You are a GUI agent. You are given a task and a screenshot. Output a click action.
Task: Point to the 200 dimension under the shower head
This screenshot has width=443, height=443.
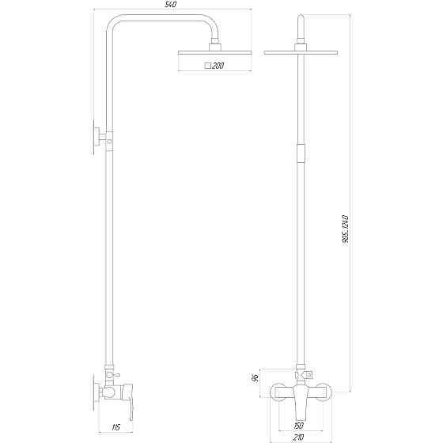[x=216, y=66]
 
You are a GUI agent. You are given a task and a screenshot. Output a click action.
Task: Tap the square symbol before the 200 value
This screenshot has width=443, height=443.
[x=207, y=66]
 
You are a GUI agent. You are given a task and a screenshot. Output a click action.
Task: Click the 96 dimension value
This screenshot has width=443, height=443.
[x=254, y=377]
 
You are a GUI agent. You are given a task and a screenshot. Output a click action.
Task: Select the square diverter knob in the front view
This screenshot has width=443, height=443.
[x=309, y=374]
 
